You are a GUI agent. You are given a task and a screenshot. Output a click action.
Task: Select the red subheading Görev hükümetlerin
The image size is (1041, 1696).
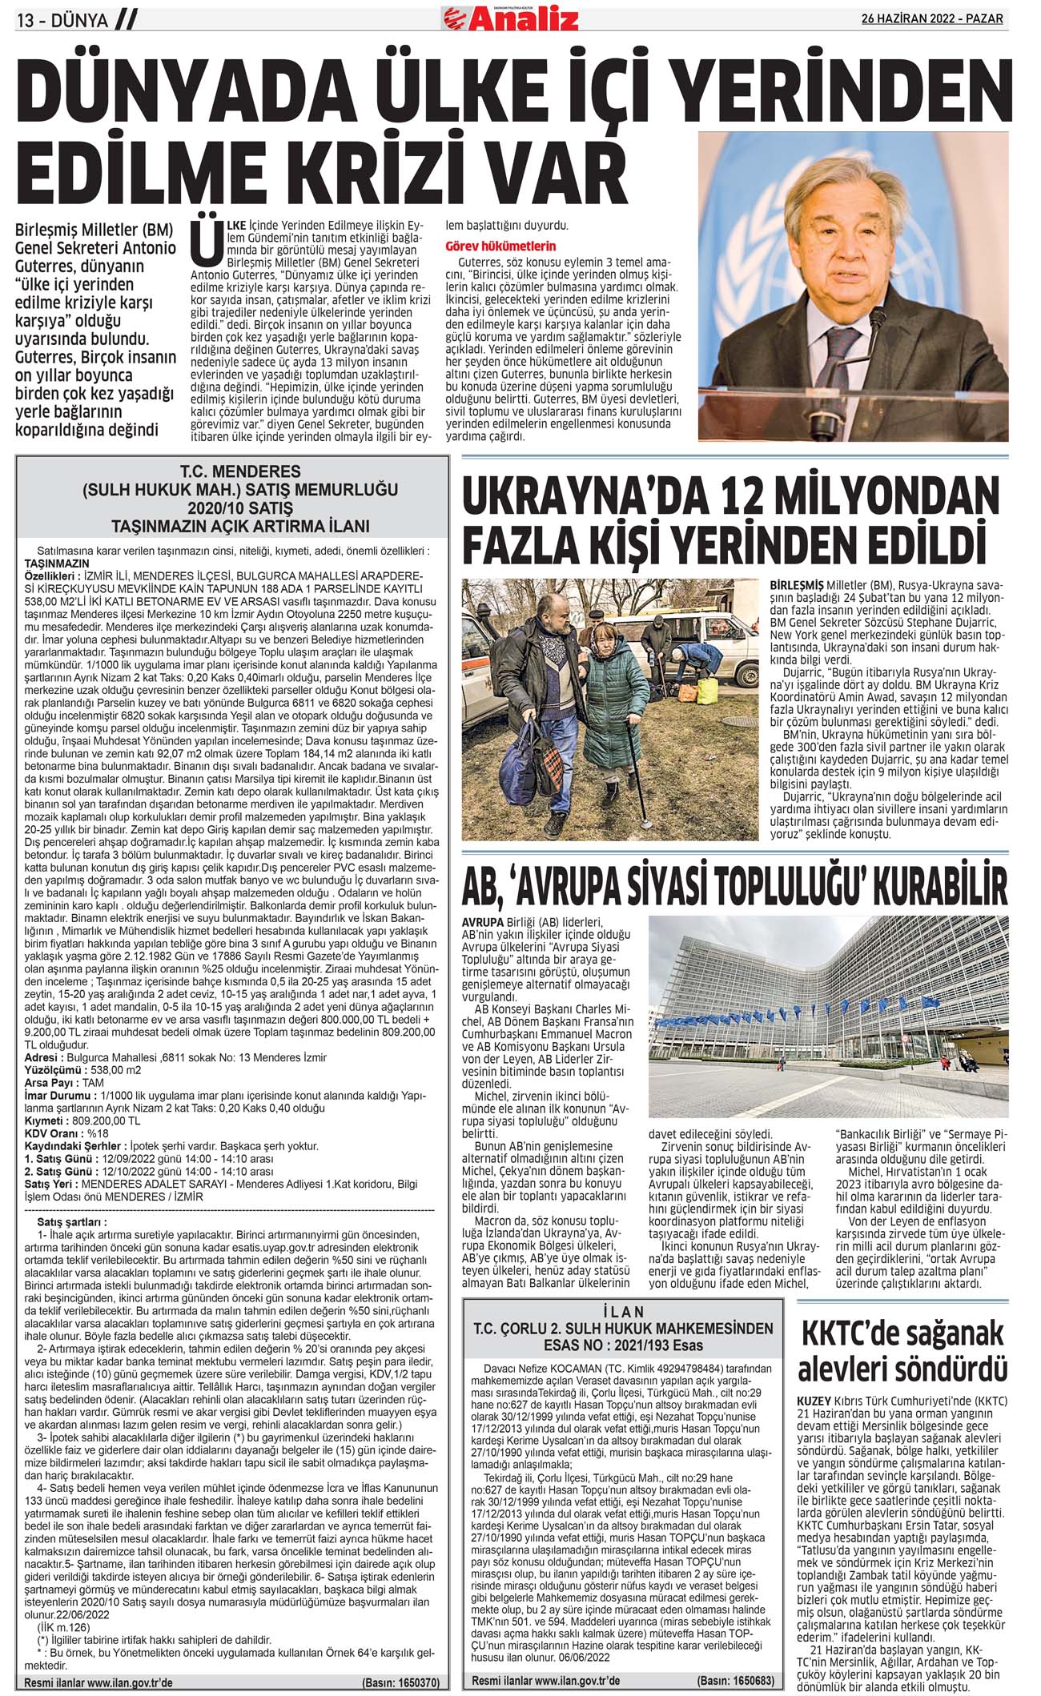(x=500, y=246)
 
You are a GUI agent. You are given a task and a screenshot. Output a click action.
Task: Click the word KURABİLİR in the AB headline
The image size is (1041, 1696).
(x=942, y=888)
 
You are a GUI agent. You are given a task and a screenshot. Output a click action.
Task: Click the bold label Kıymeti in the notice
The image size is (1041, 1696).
(x=47, y=1121)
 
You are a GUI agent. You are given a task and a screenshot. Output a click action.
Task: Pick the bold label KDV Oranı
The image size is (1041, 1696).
(x=54, y=1133)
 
